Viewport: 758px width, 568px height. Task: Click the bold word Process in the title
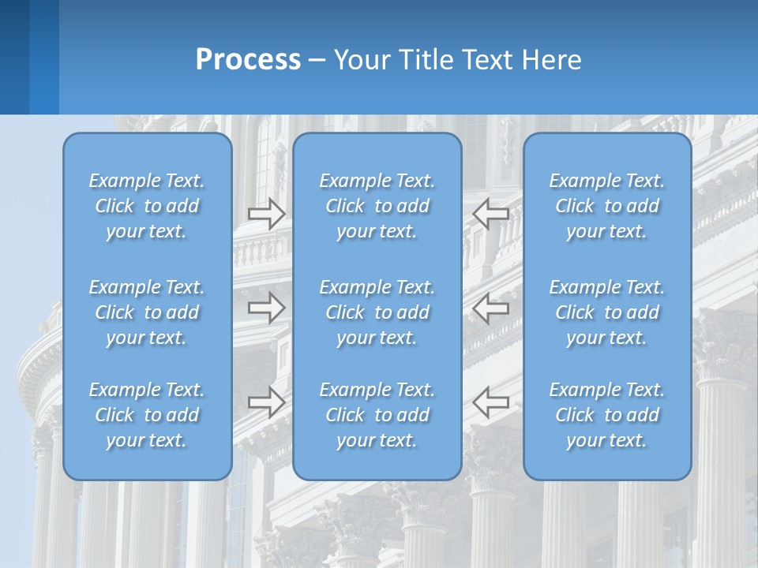pos(248,60)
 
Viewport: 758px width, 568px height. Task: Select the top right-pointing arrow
pos(266,214)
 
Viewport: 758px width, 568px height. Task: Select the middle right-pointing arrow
pos(266,308)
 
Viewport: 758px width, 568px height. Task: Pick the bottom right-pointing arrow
pos(266,402)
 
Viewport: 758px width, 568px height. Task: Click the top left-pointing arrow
pos(490,214)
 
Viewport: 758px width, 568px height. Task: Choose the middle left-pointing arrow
pos(490,308)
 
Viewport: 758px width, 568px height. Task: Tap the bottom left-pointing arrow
pos(490,402)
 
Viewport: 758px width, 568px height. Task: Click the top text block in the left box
pos(147,206)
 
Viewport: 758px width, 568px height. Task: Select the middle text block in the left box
pos(147,312)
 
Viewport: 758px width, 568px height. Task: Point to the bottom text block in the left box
pos(147,415)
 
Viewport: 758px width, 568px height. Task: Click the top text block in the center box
pos(377,206)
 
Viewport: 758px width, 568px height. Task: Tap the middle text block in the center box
pos(377,312)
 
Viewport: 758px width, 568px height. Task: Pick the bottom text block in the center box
pos(377,415)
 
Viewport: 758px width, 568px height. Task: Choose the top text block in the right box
pos(607,206)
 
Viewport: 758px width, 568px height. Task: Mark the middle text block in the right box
pos(607,312)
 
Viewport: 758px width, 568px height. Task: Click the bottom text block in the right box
pos(607,415)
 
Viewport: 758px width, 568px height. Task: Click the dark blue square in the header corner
pos(14,57)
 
